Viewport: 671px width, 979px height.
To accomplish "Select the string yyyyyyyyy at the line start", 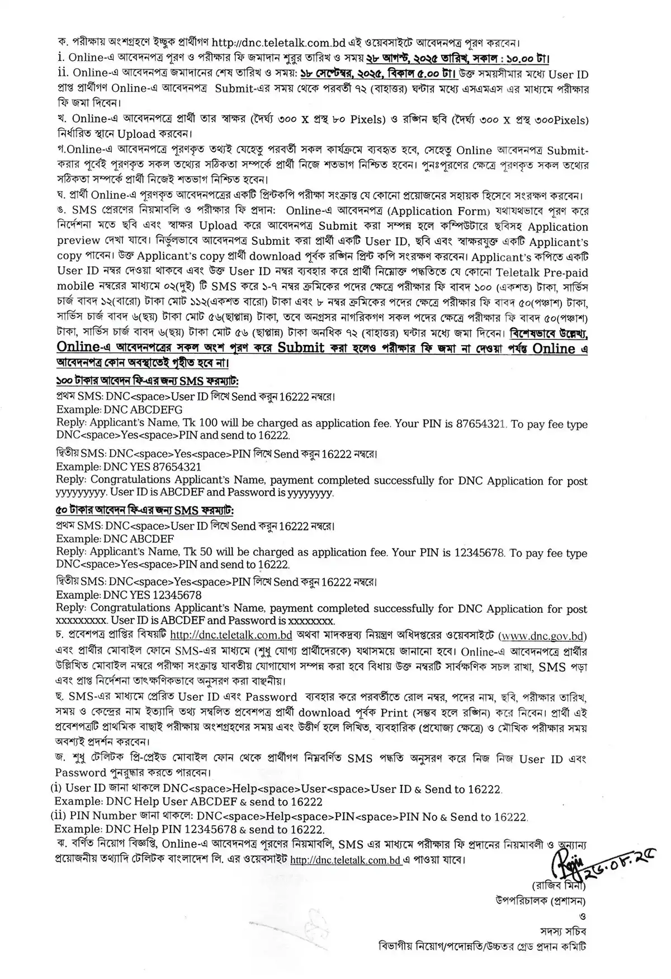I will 81,493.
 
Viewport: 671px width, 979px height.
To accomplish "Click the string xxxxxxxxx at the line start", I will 81,621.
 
